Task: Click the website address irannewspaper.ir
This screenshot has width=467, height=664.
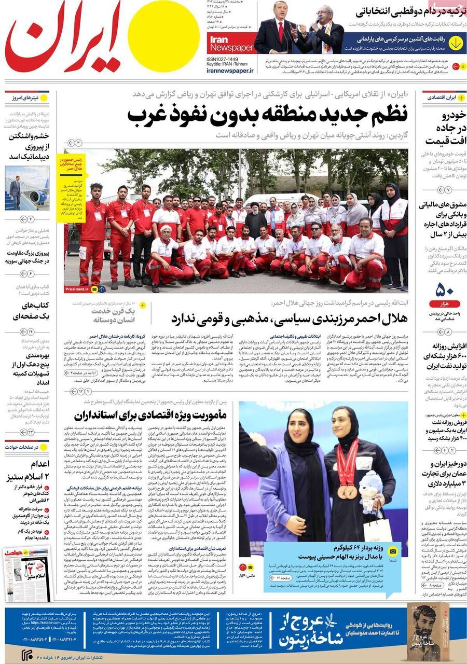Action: click(230, 70)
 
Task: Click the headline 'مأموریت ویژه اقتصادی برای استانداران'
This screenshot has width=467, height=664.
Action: click(150, 414)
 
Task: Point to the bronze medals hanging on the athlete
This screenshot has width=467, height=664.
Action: click(347, 490)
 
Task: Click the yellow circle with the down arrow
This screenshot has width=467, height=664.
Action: click(456, 43)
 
